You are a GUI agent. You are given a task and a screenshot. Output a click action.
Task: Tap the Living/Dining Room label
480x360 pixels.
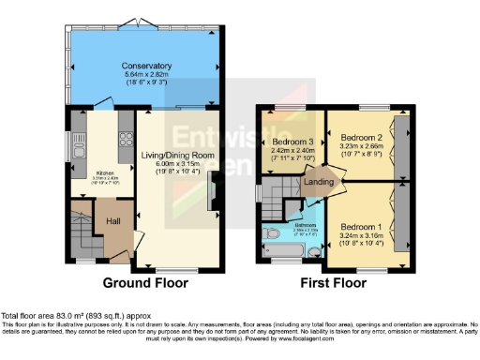(179, 156)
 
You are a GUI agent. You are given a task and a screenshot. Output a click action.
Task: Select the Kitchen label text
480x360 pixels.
(98, 173)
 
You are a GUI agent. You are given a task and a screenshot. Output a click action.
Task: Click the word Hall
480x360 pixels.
(112, 221)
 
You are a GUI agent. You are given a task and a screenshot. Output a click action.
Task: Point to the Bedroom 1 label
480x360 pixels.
(360, 228)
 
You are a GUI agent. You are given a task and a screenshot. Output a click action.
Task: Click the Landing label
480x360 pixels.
(320, 184)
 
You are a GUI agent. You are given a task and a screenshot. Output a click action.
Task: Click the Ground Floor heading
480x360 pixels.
(145, 282)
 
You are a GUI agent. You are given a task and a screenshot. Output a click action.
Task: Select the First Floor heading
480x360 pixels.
(332, 282)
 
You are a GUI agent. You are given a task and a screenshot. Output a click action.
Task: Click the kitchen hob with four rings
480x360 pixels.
(125, 143)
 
